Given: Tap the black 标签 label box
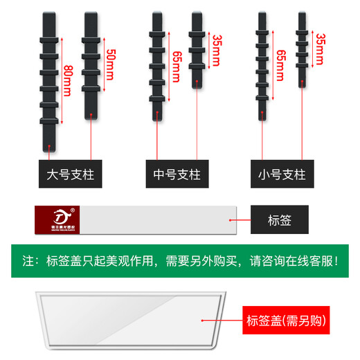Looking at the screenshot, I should point(278,220).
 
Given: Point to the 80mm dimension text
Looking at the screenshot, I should point(66,82).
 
